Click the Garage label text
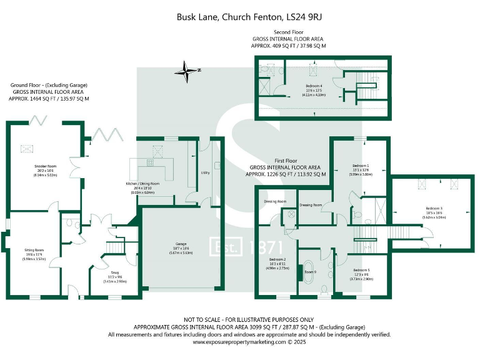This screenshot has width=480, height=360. coord(172,244)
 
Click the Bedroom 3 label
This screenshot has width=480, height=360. coord(434,208)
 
